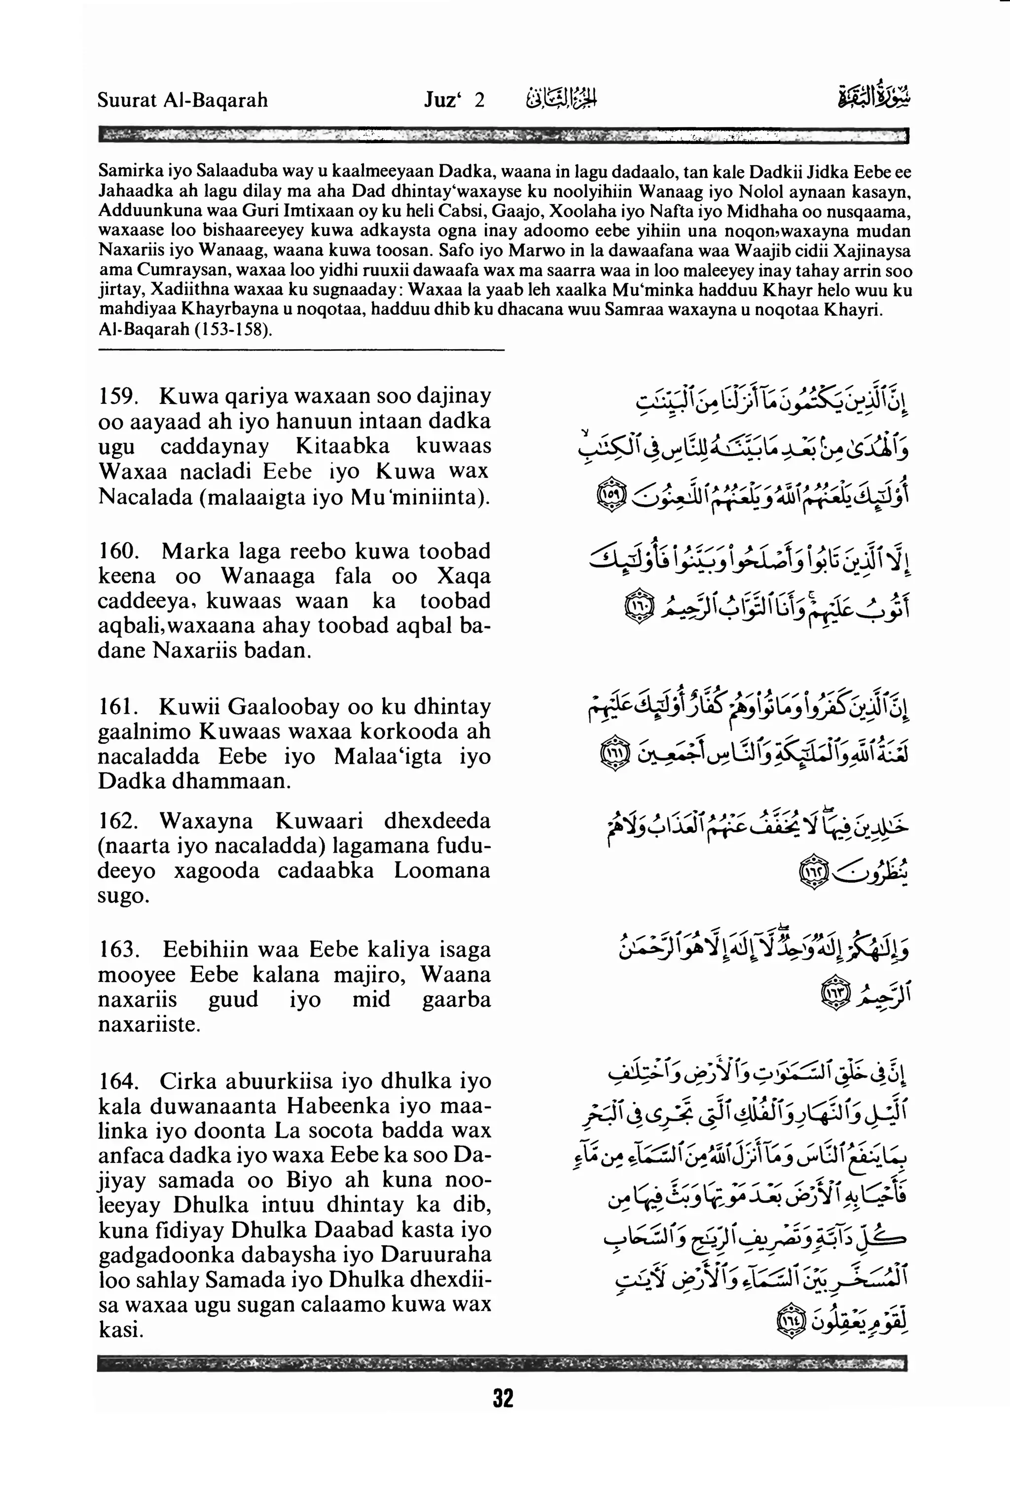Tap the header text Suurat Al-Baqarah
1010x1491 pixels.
(x=183, y=100)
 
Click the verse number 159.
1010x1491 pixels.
(x=115, y=397)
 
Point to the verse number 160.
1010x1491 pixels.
(x=115, y=551)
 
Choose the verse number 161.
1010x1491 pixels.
(x=115, y=706)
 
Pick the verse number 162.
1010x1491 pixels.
(x=115, y=821)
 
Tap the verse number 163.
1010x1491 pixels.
(x=115, y=949)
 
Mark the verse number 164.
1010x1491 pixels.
(x=115, y=1081)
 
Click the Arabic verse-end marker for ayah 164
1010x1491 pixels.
(x=791, y=1320)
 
